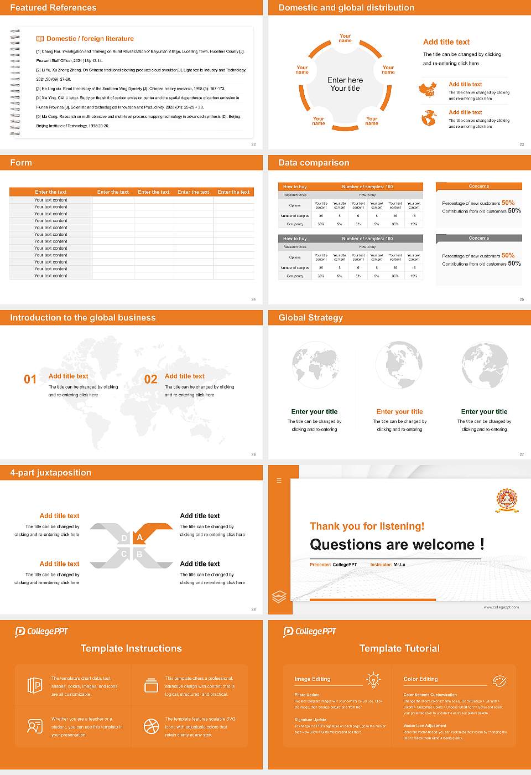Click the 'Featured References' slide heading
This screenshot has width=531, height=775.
tap(53, 8)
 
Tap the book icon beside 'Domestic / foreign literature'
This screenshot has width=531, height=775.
tap(40, 39)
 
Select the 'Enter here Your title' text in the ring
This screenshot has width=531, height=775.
tap(345, 84)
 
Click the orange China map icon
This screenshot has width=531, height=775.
tap(428, 90)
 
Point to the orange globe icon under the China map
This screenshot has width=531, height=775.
tap(429, 118)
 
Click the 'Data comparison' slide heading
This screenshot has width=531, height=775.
tap(314, 163)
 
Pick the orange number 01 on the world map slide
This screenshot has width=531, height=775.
tap(30, 379)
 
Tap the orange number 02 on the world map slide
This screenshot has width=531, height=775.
tap(150, 379)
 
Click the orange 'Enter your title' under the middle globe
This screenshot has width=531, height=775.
tap(399, 412)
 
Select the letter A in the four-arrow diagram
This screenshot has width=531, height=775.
tap(140, 538)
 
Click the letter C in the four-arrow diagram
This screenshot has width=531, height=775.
tap(124, 554)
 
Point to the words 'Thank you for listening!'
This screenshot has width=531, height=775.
tap(367, 526)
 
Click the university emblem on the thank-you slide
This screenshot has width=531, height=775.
tap(507, 500)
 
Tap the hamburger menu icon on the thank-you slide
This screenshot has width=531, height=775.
tap(279, 480)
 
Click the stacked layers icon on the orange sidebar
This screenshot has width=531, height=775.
tap(279, 596)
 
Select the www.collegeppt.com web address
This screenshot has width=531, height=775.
tap(501, 607)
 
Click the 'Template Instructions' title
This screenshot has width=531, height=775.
tap(131, 648)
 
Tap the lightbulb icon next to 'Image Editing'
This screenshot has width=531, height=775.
tap(373, 679)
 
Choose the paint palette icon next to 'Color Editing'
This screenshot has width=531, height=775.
tap(499, 680)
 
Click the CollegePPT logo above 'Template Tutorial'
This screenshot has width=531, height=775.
tap(310, 631)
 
